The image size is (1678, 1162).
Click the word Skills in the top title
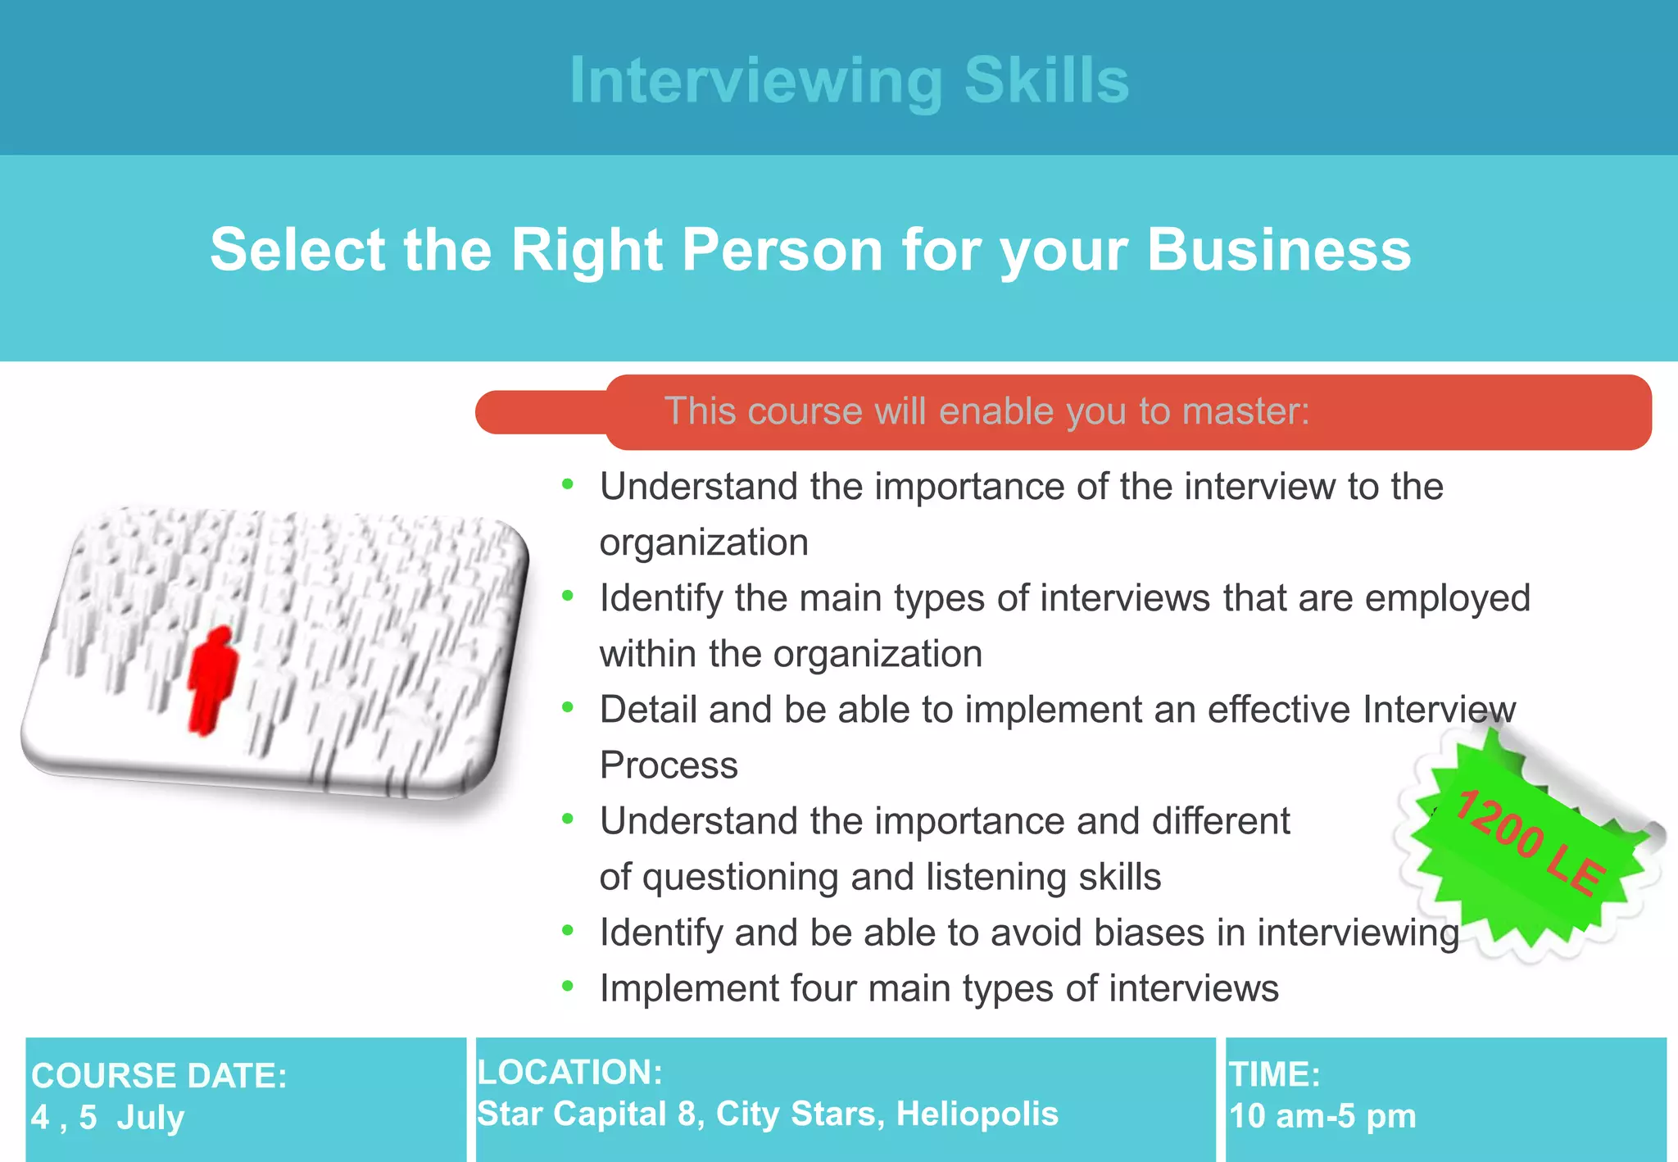point(1046,80)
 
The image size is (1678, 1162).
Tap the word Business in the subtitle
point(1279,249)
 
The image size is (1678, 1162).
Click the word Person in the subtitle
point(782,249)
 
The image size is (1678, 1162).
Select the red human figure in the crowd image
point(212,680)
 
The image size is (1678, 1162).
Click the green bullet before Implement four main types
point(568,986)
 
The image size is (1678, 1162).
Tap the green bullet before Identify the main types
point(568,596)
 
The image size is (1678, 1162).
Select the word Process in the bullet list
point(669,765)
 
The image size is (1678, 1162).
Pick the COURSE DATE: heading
point(159,1075)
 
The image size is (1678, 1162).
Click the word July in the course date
point(150,1118)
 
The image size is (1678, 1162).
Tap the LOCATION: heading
point(569,1072)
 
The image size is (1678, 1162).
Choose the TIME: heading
point(1274,1074)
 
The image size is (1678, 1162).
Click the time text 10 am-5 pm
point(1322,1116)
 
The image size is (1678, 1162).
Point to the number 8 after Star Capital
point(687,1114)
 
